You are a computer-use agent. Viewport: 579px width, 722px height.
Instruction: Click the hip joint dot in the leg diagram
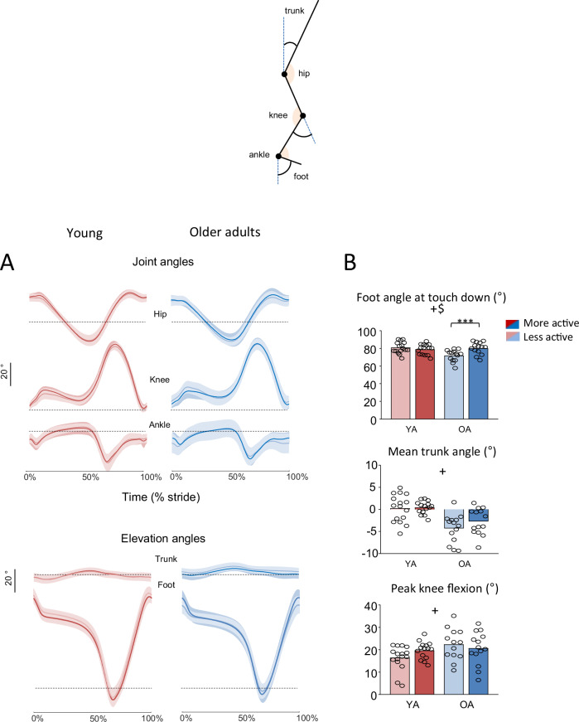pos(284,75)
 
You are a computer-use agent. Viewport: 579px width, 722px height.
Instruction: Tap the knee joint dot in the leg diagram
pos(303,116)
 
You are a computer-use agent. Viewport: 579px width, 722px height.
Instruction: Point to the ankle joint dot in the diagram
pos(278,155)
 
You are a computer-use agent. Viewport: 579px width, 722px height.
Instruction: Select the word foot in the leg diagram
pos(302,176)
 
